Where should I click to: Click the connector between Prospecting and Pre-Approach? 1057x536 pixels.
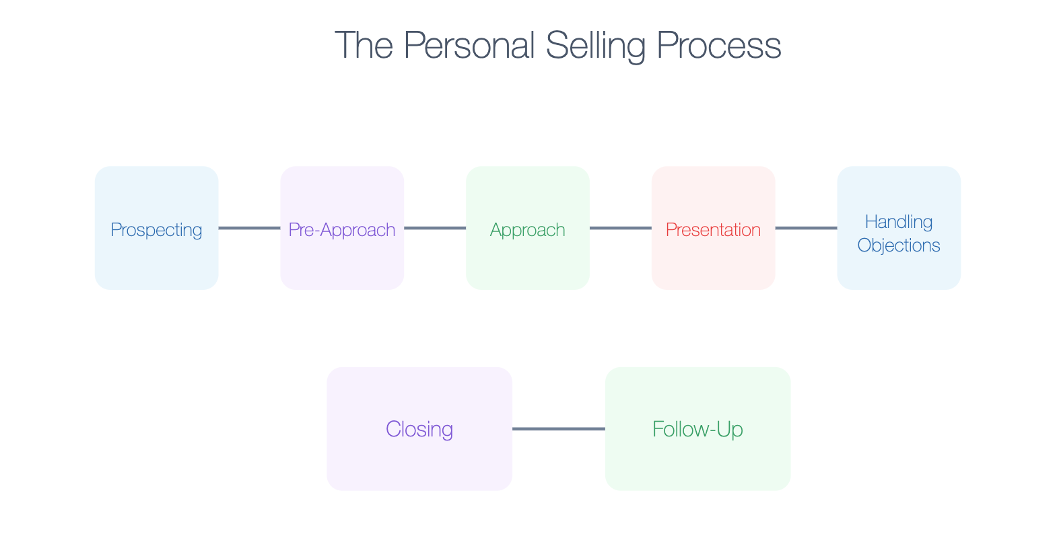(249, 228)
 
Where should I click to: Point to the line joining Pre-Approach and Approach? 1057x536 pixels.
(435, 228)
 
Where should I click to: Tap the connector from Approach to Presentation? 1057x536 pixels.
(621, 228)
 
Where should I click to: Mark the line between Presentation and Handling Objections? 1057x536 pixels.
(806, 228)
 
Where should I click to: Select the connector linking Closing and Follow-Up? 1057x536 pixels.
(559, 428)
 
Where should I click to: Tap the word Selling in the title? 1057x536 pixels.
(595, 46)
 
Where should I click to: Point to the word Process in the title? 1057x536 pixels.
(718, 46)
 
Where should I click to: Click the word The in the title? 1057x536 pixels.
(364, 46)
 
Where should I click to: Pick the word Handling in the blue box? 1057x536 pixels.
(899, 222)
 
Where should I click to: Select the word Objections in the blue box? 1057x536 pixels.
(899, 245)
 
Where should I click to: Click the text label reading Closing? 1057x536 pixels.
(419, 429)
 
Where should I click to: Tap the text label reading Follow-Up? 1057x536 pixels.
(697, 429)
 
